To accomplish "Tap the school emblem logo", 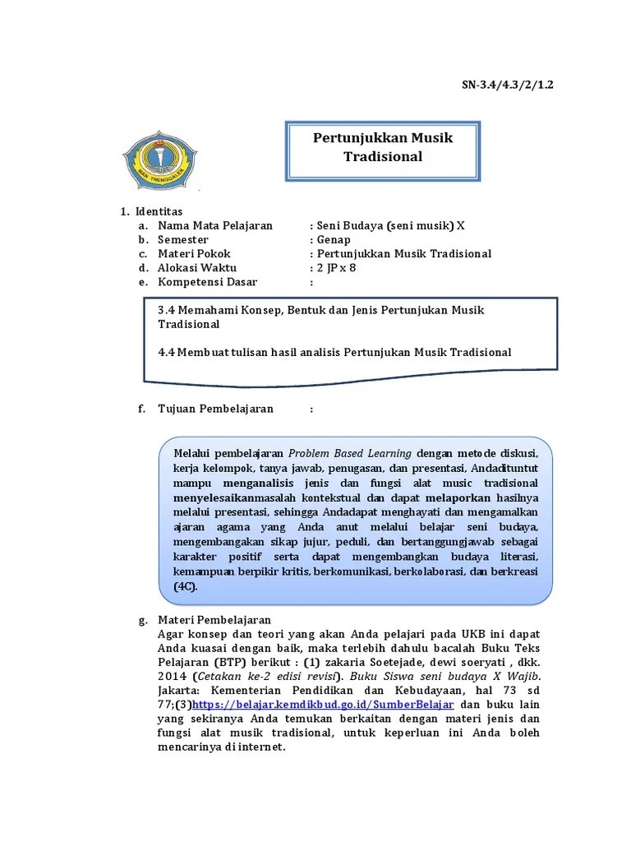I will pos(159,157).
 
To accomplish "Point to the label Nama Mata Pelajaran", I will pos(214,225).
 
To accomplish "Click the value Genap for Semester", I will pos(334,239).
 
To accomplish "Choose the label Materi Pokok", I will pos(194,253).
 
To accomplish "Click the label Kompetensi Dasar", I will pos(207,282).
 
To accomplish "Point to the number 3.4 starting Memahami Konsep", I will pos(166,310).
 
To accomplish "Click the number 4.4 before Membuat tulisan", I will pos(166,352).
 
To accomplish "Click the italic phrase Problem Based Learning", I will pos(350,453).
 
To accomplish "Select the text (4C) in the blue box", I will pos(186,587).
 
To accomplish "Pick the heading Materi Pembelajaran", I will pos(214,619).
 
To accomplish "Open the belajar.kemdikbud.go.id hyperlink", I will pos(323,705).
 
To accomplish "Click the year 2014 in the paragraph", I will pos(171,676).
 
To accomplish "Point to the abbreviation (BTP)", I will pos(231,662).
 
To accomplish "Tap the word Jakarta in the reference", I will pos(182,691).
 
